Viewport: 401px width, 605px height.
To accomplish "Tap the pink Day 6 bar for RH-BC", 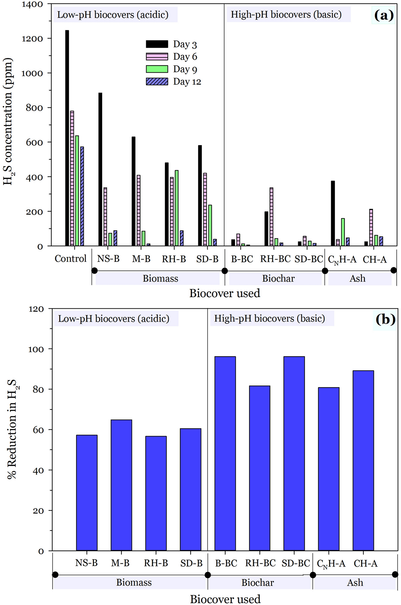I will pos(271,217).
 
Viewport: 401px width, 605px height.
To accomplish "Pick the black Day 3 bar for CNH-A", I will pos(333,213).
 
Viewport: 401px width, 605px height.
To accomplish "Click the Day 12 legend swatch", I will pos(157,81).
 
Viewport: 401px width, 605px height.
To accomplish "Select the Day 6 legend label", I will pos(185,57).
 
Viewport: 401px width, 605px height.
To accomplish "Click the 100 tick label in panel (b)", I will pos(36,349).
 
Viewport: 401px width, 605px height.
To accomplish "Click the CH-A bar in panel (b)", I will pos(363,461).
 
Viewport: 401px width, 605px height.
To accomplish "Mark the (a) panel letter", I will pos(384,15).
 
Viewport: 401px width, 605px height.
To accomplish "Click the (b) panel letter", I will pos(385,319).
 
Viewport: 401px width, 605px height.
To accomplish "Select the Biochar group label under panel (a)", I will pos(278,278).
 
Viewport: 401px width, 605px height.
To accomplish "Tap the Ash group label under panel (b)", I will pos(355,583).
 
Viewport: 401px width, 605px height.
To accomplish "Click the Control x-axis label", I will pos(70,259).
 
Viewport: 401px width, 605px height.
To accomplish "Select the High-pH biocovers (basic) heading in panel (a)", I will pos(286,15).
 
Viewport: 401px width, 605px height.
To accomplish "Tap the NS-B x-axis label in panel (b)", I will pos(86,563).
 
